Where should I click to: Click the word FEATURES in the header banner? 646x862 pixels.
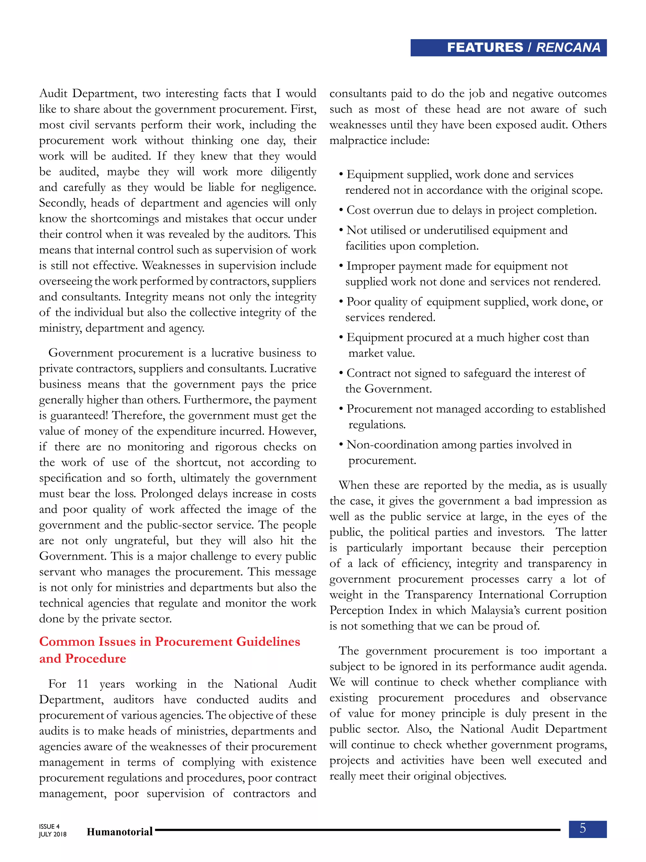click(x=485, y=48)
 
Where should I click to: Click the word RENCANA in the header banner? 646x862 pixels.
click(x=568, y=48)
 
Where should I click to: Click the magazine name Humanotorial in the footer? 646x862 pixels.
click(x=120, y=832)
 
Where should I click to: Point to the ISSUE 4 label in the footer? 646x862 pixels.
click(x=49, y=826)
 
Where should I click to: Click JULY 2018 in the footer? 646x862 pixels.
click(x=52, y=834)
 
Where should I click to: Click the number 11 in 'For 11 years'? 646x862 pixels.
click(x=82, y=684)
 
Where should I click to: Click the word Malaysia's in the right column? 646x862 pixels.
click(x=495, y=610)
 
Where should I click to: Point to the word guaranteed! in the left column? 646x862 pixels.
click(x=79, y=415)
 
